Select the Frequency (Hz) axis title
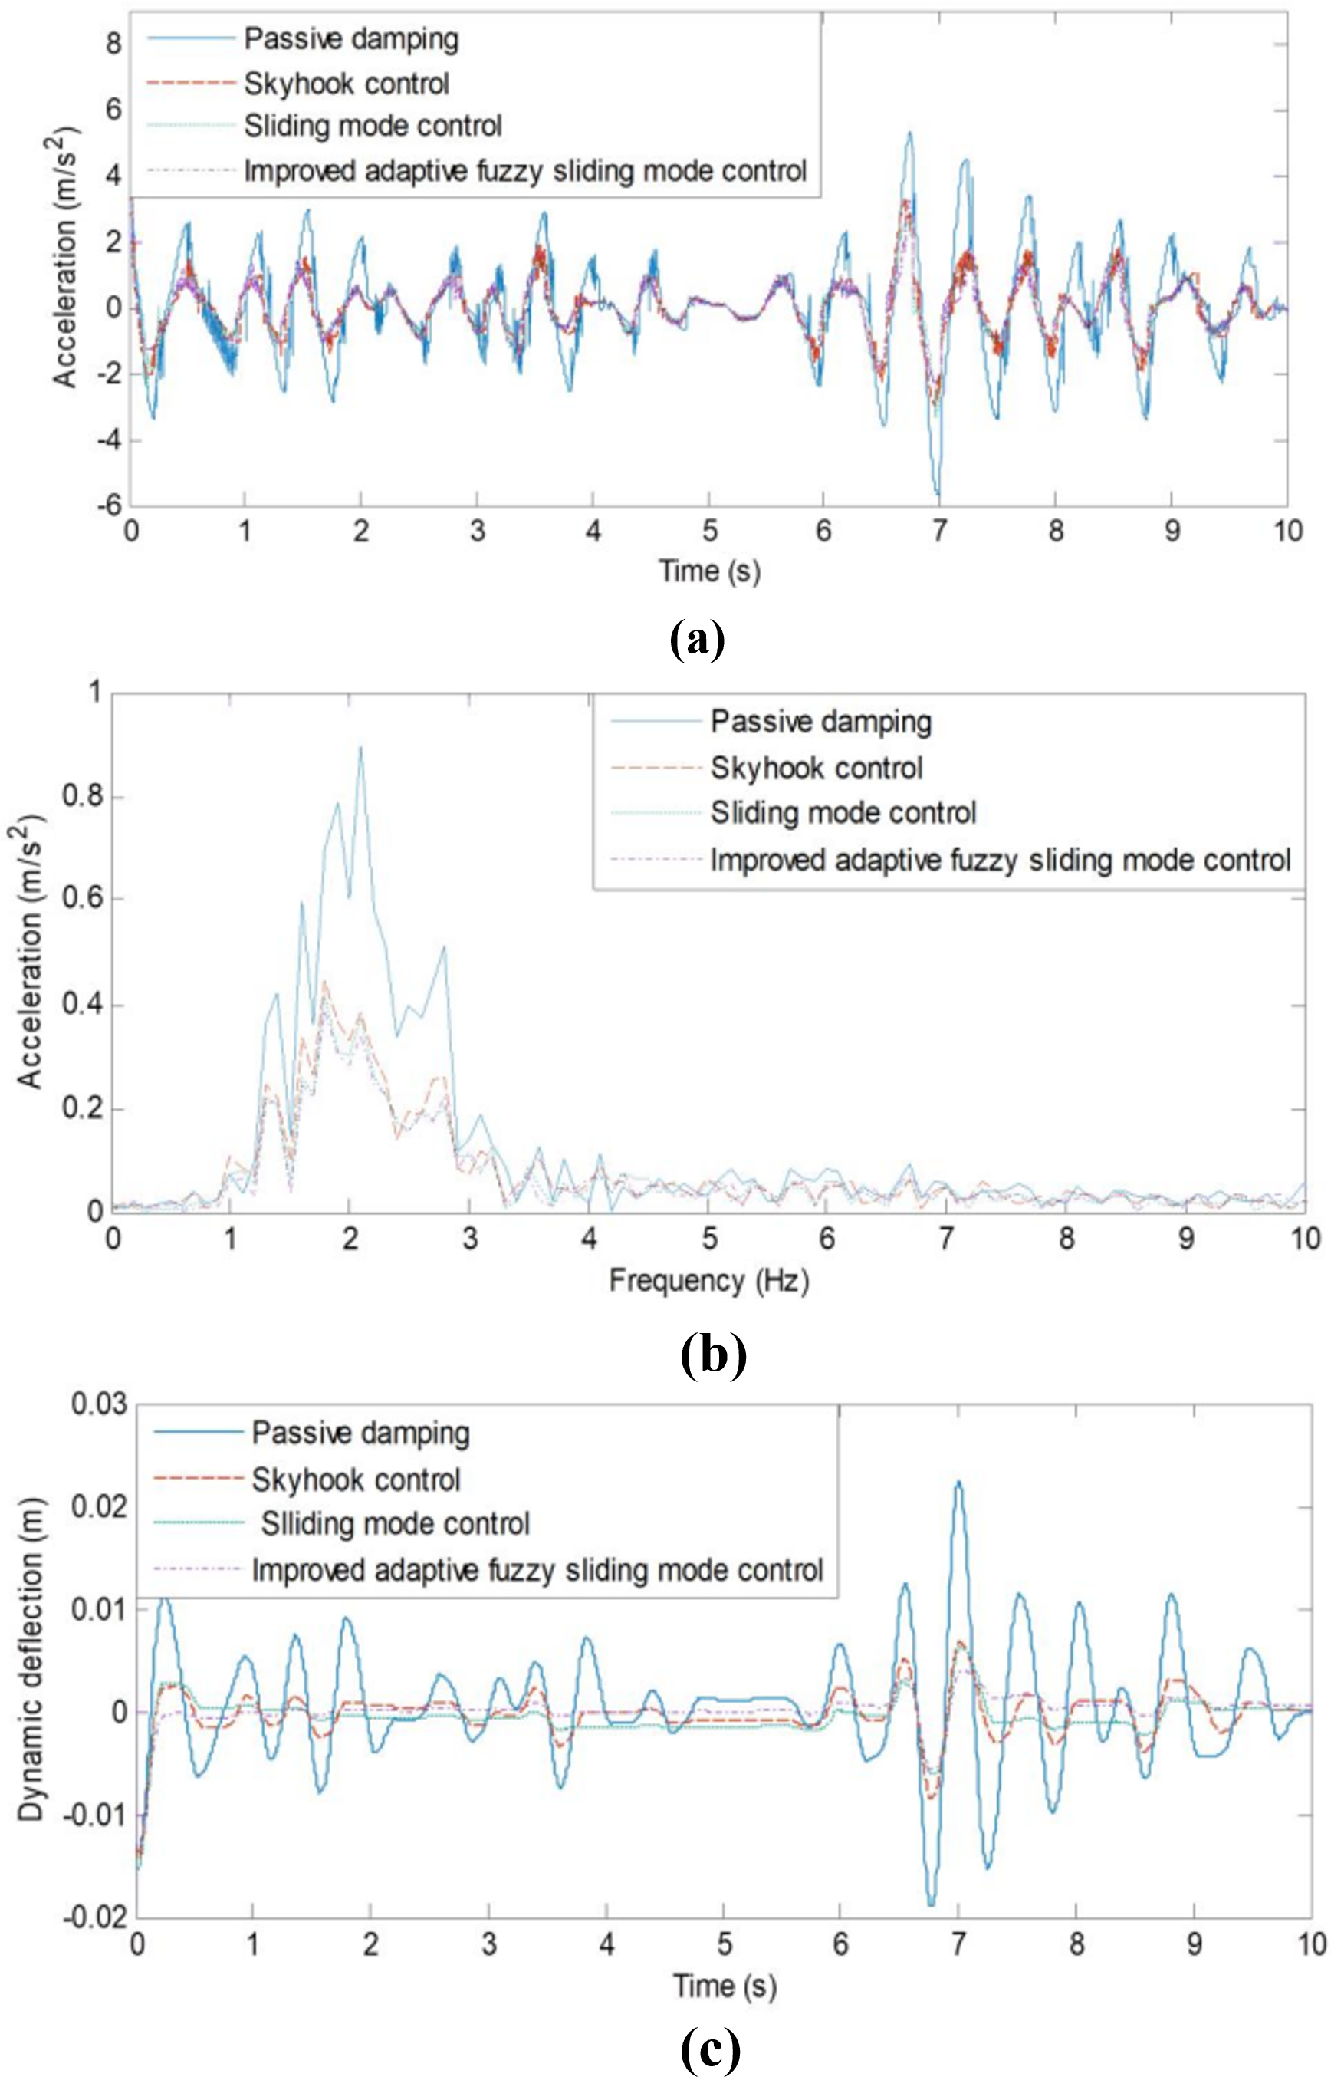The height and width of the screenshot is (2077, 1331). [708, 1279]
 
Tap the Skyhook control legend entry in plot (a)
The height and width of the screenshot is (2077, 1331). [346, 83]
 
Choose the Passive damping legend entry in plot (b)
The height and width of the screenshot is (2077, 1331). [820, 721]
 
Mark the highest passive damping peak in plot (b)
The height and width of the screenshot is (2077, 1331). [360, 748]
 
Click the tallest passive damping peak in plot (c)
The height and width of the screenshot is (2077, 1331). [958, 1482]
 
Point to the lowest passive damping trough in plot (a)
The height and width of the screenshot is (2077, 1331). [938, 495]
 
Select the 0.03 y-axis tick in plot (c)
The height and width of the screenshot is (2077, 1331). [99, 1404]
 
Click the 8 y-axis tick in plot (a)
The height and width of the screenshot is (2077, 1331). [113, 42]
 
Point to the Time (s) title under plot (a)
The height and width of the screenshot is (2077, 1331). [708, 571]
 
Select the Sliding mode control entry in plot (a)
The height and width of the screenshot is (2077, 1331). [372, 127]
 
